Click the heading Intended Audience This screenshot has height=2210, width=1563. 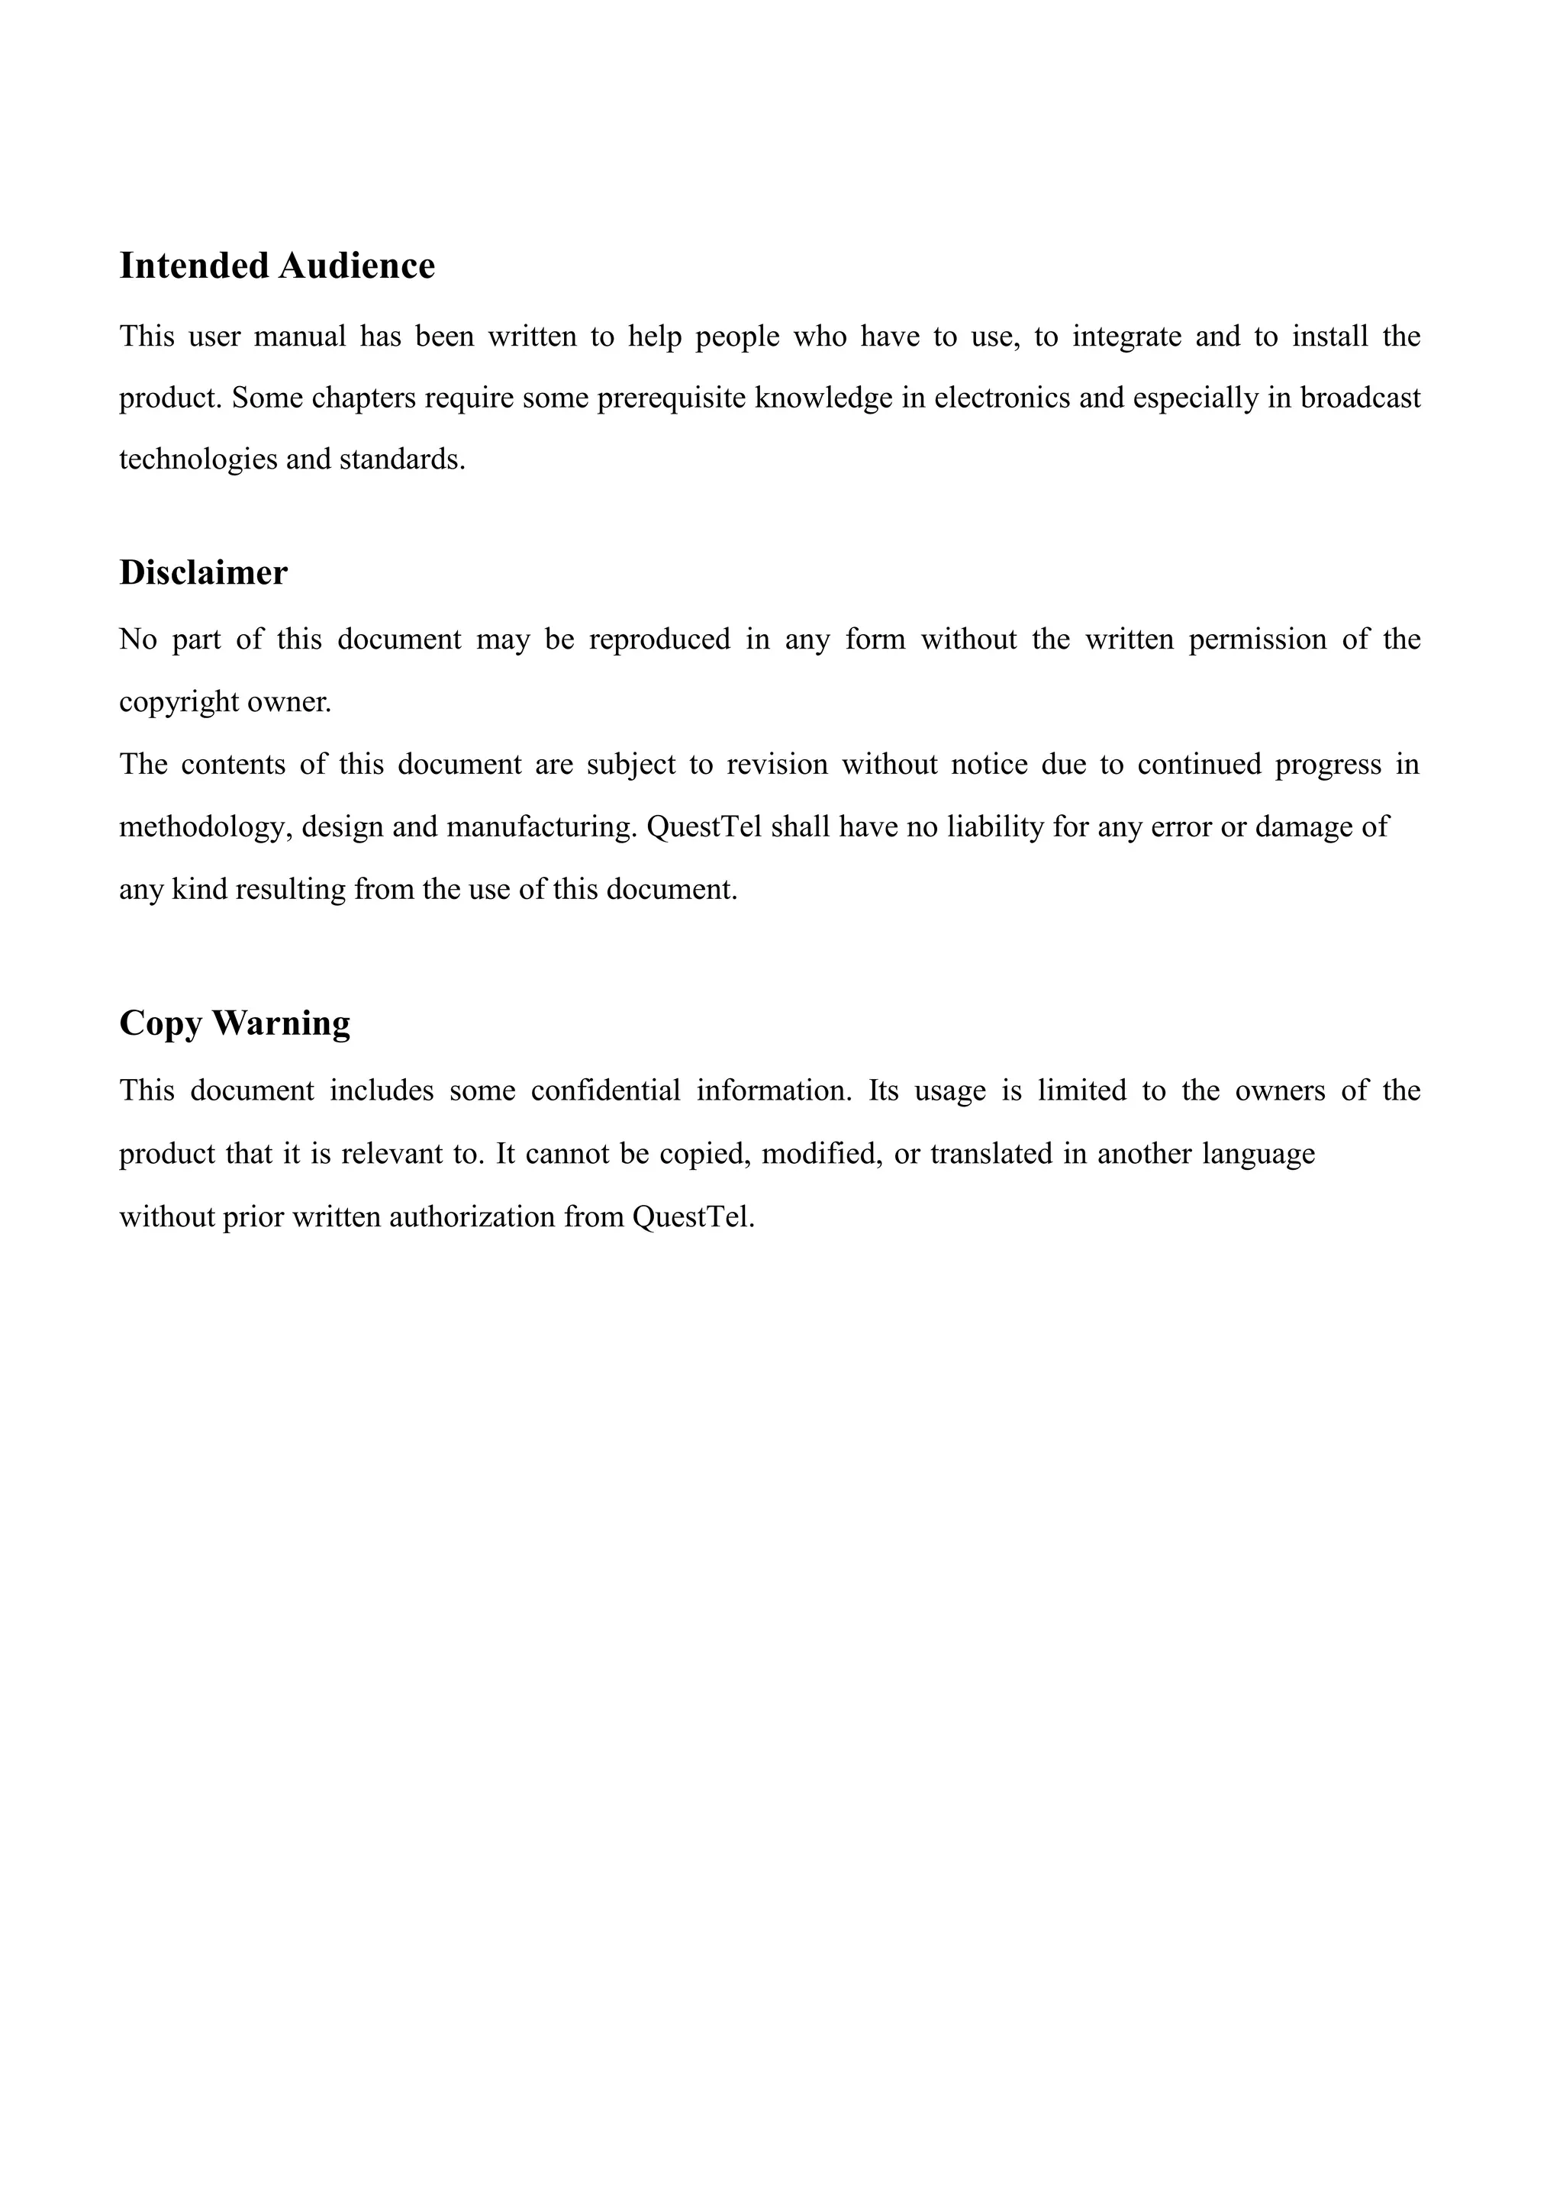[x=277, y=266]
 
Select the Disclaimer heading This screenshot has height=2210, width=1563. [x=203, y=572]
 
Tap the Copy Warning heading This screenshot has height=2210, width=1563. [x=235, y=1023]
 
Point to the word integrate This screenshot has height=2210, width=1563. [x=1127, y=336]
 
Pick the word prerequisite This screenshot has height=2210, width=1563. [x=672, y=398]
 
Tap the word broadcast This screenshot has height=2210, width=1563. [x=1360, y=398]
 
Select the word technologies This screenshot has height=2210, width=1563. [x=198, y=459]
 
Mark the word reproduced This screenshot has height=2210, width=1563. [x=659, y=639]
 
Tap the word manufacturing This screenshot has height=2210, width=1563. [x=538, y=826]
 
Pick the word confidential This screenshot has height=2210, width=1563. [x=605, y=1091]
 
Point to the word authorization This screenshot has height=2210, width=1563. [x=472, y=1216]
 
